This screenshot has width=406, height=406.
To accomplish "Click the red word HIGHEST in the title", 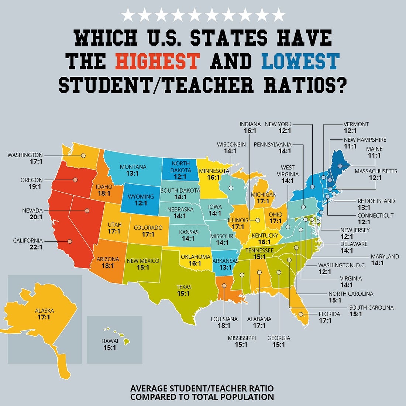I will (157, 61).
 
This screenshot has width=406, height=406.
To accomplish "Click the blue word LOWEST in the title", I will (300, 61).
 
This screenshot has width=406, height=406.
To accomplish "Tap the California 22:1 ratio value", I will (36, 247).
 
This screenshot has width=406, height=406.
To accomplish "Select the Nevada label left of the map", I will (32, 210).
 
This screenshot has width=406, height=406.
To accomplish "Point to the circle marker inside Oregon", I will (75, 180).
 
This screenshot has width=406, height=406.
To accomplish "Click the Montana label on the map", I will (133, 167).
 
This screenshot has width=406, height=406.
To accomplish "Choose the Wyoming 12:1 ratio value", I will (141, 203).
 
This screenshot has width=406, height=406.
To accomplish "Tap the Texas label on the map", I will (184, 287).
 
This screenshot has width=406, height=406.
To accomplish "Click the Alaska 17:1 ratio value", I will (44, 317).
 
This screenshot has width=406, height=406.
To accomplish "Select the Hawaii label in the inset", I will (110, 341).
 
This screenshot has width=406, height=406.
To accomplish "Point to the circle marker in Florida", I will (301, 314).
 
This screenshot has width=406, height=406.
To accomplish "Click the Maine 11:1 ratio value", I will (374, 155).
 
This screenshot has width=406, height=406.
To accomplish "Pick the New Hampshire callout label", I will (365, 140).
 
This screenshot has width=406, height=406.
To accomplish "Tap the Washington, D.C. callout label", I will (342, 265).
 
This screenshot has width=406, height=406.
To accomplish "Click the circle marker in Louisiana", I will (224, 285).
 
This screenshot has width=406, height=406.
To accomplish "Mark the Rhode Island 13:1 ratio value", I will (364, 207).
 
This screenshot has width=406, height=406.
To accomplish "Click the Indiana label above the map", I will (250, 124).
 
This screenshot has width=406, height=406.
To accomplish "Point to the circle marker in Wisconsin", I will (231, 188).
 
